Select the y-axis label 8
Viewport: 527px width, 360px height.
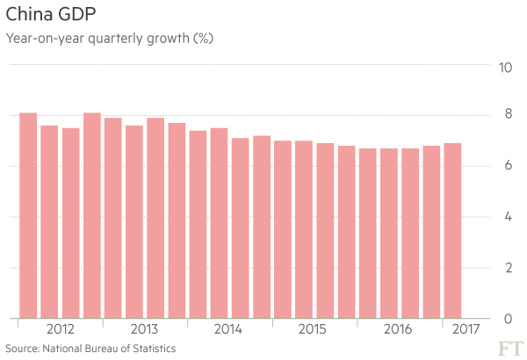coord(504,115)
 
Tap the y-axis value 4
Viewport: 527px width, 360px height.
coord(504,217)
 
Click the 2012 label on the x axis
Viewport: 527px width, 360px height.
coord(60,329)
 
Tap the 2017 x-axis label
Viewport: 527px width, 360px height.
coord(465,329)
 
